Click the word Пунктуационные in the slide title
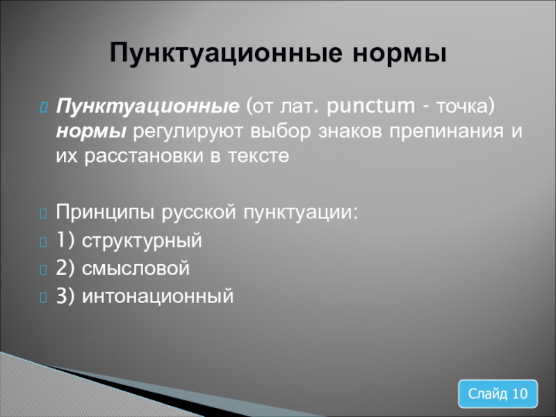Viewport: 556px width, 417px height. click(226, 54)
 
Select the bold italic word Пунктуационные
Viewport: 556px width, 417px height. click(147, 106)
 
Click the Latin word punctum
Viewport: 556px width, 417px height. click(370, 106)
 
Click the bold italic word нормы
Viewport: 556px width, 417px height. click(91, 132)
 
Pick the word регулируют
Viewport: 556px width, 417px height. click(188, 132)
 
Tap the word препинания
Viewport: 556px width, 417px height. click(446, 131)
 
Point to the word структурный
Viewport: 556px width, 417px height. click(142, 241)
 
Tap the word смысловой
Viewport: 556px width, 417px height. click(136, 268)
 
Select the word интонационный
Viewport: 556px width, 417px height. click(158, 296)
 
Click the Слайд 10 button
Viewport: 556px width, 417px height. click(498, 393)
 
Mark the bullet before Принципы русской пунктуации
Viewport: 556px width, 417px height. click(43, 214)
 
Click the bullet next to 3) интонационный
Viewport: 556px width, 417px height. click(43, 297)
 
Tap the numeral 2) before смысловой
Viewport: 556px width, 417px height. click(65, 268)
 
